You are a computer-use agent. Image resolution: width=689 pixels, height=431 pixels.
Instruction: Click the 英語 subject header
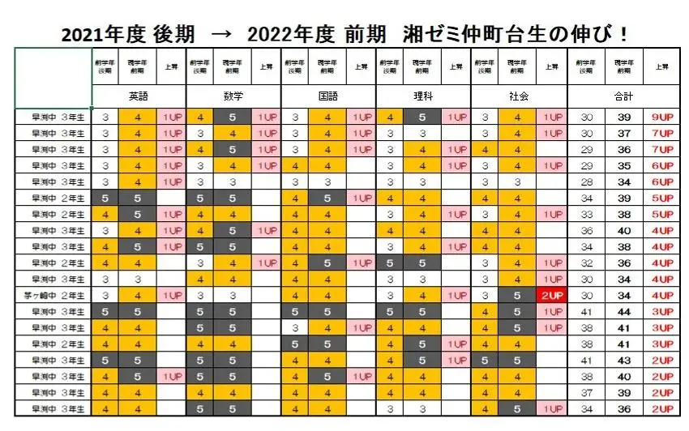pyautogui.click(x=139, y=96)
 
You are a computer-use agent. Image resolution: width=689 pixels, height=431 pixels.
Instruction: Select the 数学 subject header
pyautogui.click(x=233, y=96)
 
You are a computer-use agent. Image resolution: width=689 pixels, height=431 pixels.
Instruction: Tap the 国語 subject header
pyautogui.click(x=328, y=96)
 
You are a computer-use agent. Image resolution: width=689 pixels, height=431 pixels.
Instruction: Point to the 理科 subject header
pyautogui.click(x=423, y=96)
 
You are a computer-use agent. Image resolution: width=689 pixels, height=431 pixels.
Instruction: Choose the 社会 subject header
pyautogui.click(x=519, y=96)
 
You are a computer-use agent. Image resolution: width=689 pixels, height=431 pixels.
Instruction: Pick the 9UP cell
pyautogui.click(x=662, y=117)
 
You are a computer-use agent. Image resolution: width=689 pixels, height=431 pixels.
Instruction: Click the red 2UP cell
pyautogui.click(x=552, y=296)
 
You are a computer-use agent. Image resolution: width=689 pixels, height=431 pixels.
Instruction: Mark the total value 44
pyautogui.click(x=624, y=312)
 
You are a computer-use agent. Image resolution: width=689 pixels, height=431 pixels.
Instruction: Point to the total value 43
pyautogui.click(x=624, y=360)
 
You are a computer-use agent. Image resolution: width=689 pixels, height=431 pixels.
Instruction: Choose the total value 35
pyautogui.click(x=624, y=166)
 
